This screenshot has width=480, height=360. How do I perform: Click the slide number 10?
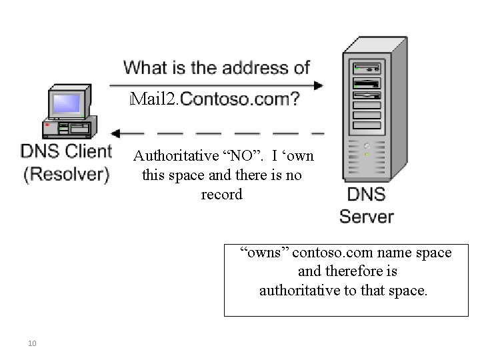32,343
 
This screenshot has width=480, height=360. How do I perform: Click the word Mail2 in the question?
154,100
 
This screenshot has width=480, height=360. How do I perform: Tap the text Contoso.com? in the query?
239,100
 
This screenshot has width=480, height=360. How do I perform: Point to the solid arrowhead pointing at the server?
317,85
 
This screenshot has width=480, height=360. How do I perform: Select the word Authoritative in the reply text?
176,157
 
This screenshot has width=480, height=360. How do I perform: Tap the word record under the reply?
221,195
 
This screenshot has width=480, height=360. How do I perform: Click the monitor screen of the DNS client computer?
67,103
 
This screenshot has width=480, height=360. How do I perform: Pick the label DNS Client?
66,151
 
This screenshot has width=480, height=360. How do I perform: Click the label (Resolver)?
66,175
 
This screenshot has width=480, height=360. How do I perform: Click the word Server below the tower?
366,216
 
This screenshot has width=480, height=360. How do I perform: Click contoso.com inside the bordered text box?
324,253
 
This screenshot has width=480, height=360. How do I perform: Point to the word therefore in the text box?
358,271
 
